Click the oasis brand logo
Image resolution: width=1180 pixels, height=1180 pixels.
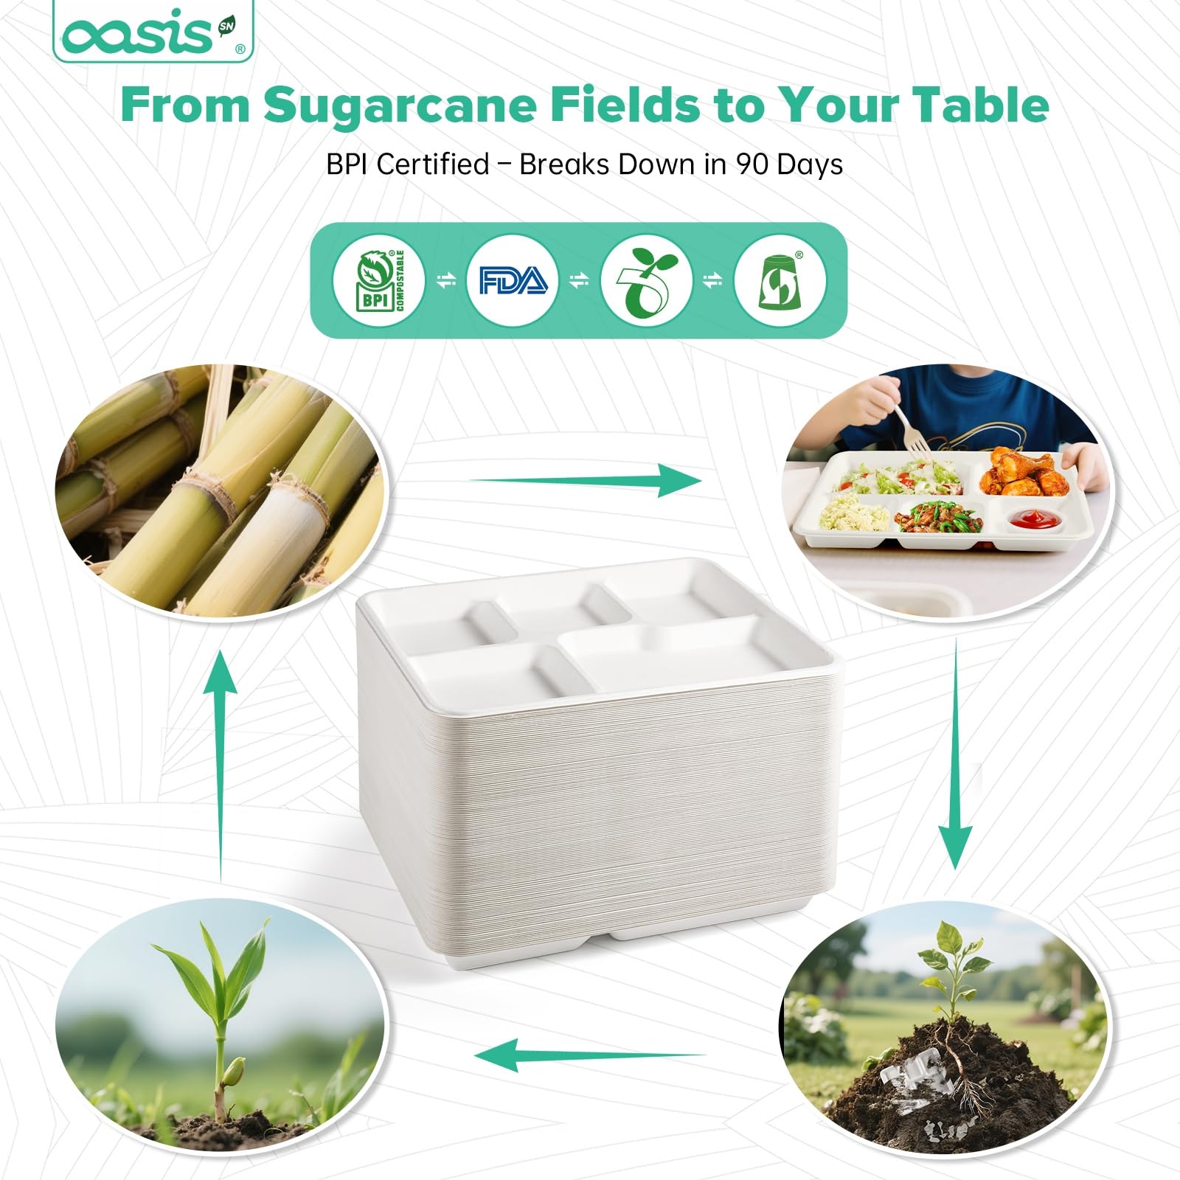(x=153, y=32)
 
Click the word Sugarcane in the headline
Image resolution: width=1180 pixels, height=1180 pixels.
(x=399, y=105)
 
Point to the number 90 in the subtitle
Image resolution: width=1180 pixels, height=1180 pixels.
(x=752, y=164)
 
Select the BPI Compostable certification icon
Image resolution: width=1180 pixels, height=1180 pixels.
(x=379, y=280)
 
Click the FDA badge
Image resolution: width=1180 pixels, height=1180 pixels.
(x=513, y=280)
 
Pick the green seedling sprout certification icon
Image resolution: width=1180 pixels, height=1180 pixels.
(x=646, y=280)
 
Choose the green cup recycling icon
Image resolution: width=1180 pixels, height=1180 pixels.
(x=780, y=280)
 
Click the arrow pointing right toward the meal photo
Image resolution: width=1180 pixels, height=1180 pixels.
(x=586, y=480)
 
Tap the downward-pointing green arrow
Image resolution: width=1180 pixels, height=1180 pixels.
(x=955, y=754)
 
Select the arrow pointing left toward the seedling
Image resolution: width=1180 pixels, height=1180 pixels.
(x=590, y=1055)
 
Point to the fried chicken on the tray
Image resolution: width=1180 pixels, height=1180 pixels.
(x=1024, y=472)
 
